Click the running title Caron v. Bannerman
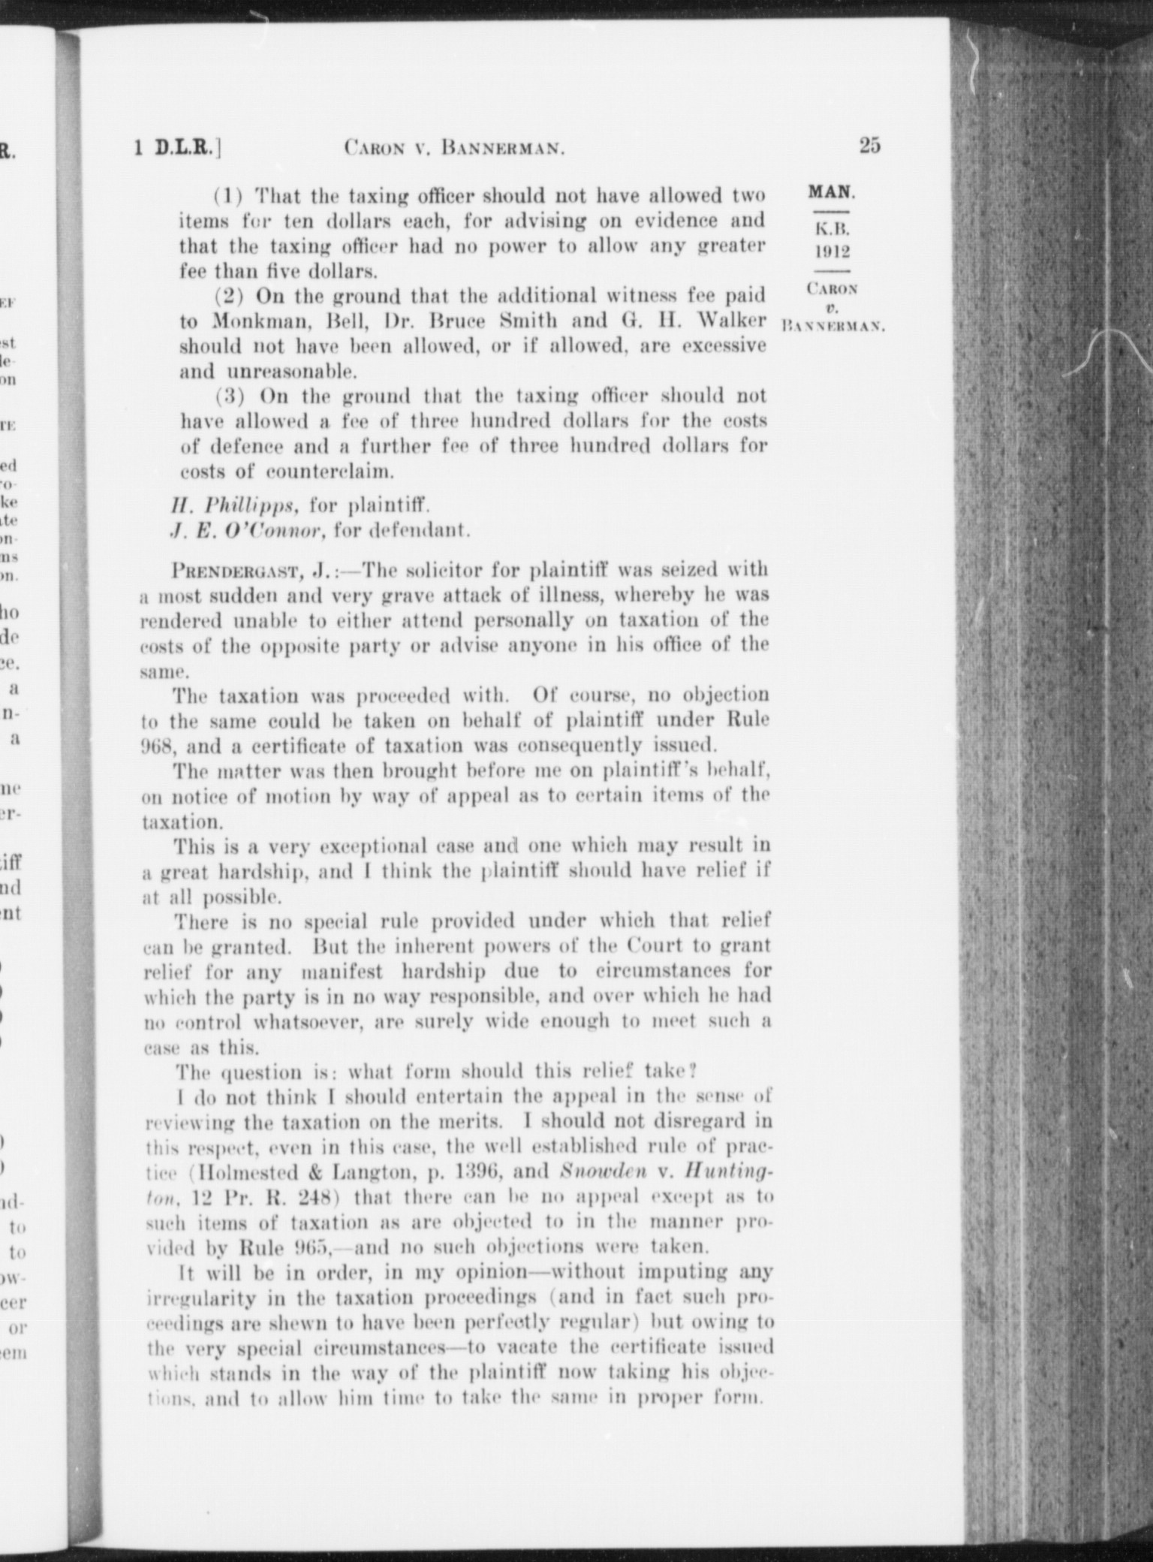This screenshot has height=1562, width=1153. coord(454,148)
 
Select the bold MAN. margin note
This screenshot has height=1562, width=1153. coord(831,191)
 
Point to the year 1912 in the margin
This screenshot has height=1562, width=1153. coord(832,249)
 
